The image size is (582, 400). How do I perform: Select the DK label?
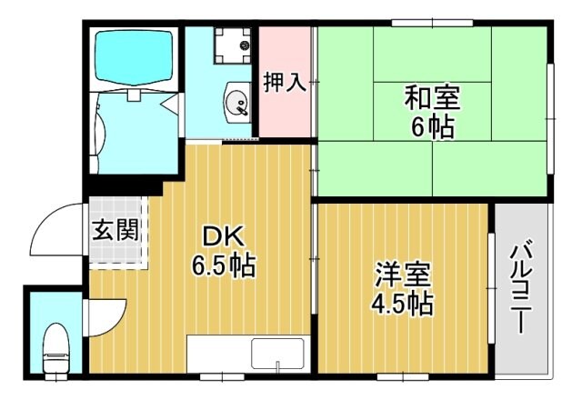(222, 236)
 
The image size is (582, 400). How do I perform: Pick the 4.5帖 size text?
(401, 303)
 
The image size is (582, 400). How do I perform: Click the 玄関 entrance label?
(115, 229)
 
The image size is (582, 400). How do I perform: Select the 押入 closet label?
(285, 83)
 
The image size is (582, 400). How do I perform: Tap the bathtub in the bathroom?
(135, 55)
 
